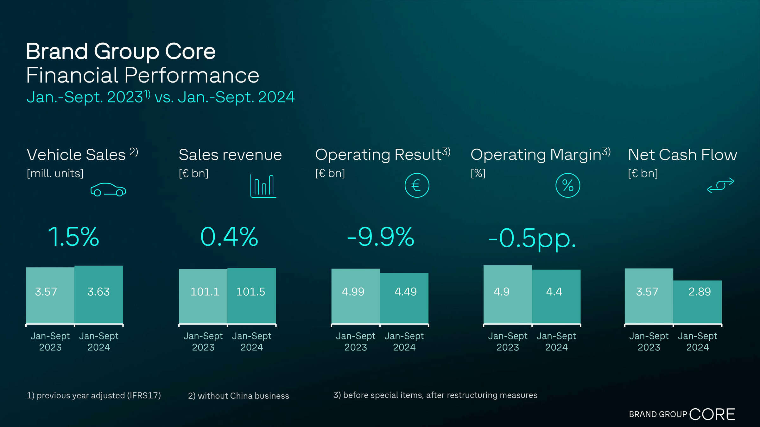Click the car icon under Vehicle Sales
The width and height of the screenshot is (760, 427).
pyautogui.click(x=108, y=190)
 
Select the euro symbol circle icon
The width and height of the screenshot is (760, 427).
pyautogui.click(x=417, y=185)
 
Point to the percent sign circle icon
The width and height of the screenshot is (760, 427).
pyautogui.click(x=568, y=185)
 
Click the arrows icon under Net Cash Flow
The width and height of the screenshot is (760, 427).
pyautogui.click(x=720, y=185)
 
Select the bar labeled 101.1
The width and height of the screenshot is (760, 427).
pyautogui.click(x=203, y=296)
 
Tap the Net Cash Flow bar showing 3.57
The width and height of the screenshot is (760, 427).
pyautogui.click(x=649, y=296)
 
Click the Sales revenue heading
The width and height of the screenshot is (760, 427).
pyautogui.click(x=230, y=155)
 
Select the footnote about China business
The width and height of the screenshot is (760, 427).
pyautogui.click(x=238, y=396)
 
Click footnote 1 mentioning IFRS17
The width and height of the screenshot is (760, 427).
pyautogui.click(x=94, y=395)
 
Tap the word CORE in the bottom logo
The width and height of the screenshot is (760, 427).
pyautogui.click(x=712, y=414)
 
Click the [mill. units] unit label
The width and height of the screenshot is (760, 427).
pyautogui.click(x=55, y=173)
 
